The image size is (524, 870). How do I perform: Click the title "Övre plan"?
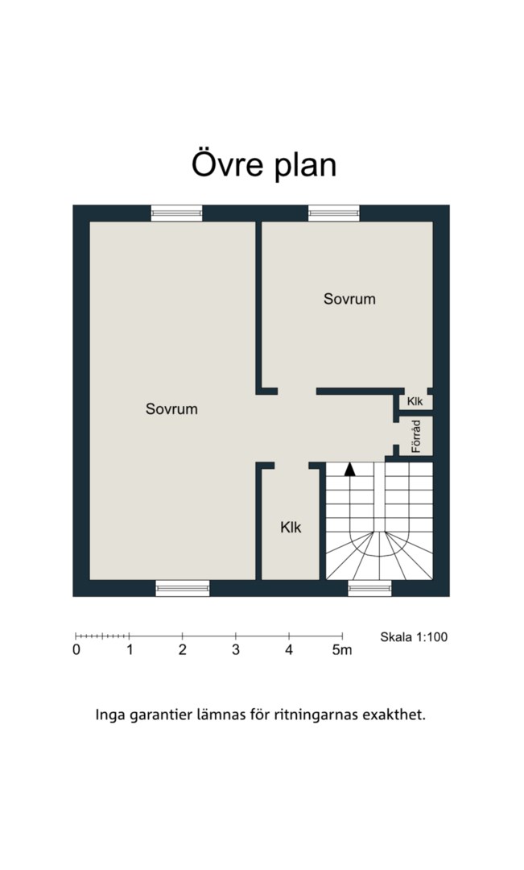click(264, 165)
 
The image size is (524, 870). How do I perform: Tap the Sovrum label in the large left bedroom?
click(171, 409)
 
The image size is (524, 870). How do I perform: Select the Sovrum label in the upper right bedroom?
click(349, 299)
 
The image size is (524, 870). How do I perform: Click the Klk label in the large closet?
click(291, 527)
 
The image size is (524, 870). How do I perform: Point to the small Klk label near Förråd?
click(415, 401)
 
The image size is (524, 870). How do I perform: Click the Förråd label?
click(416, 436)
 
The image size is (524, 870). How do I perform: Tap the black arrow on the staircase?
click(349, 470)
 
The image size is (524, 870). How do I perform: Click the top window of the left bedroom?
click(177, 213)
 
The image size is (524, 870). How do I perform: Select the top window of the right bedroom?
click(334, 213)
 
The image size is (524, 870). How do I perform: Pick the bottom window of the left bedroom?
click(183, 588)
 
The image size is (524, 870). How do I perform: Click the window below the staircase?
click(369, 588)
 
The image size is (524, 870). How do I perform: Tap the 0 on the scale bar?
click(76, 650)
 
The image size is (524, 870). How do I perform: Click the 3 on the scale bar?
click(236, 650)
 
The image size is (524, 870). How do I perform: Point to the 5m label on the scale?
click(342, 650)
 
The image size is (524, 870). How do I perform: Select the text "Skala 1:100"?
click(414, 637)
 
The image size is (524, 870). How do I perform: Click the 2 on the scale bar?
click(183, 650)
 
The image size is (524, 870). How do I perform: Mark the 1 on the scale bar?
click(130, 650)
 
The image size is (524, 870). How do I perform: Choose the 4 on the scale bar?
click(289, 650)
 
